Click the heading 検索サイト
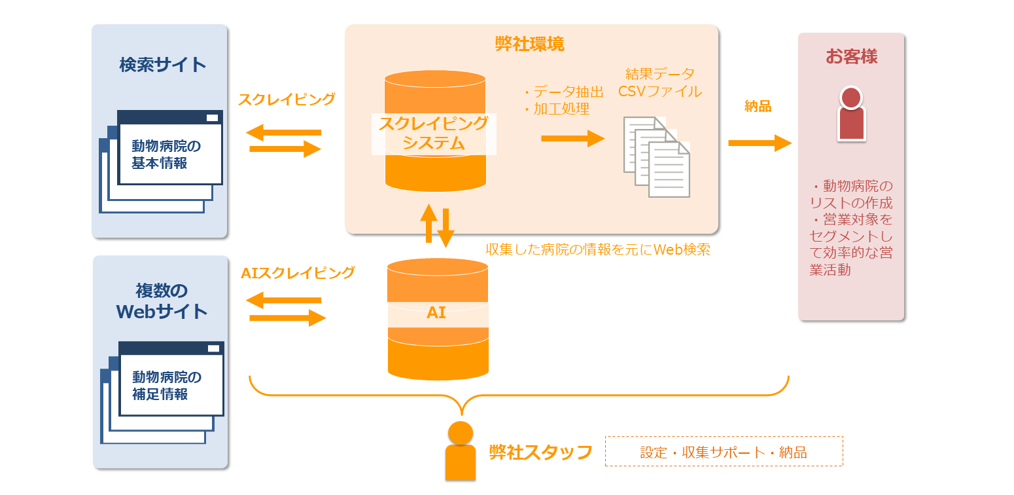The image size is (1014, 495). (x=163, y=65)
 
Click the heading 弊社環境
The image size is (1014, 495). (x=529, y=44)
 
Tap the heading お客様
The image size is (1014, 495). (x=851, y=56)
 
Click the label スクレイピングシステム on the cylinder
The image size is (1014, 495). (x=434, y=134)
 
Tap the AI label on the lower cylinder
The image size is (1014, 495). (x=436, y=313)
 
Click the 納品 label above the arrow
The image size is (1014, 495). (x=758, y=107)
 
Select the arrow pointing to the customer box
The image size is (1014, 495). (x=760, y=143)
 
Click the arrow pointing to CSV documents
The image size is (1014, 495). (x=572, y=138)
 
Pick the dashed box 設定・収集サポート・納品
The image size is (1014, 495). (x=724, y=452)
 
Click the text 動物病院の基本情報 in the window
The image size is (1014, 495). (x=166, y=155)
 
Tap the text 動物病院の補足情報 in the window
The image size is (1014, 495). (x=167, y=386)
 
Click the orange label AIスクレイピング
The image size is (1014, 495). (x=298, y=273)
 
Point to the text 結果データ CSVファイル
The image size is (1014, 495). (x=659, y=83)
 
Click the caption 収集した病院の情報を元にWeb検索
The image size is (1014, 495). (x=597, y=249)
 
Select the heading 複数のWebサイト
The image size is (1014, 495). (x=162, y=301)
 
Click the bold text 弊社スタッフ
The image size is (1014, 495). (x=540, y=452)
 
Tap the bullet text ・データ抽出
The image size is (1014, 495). (x=562, y=92)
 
